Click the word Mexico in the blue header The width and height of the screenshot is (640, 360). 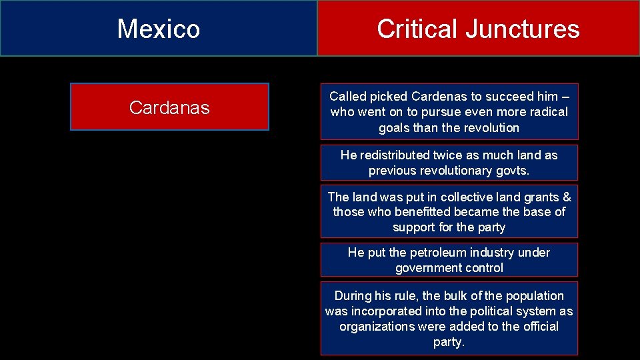click(159, 29)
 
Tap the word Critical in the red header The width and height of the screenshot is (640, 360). click(416, 29)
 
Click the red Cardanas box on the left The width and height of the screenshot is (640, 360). click(169, 107)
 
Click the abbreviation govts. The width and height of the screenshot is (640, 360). click(511, 170)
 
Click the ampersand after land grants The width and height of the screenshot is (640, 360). click(567, 197)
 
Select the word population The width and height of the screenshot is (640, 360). click(531, 295)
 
